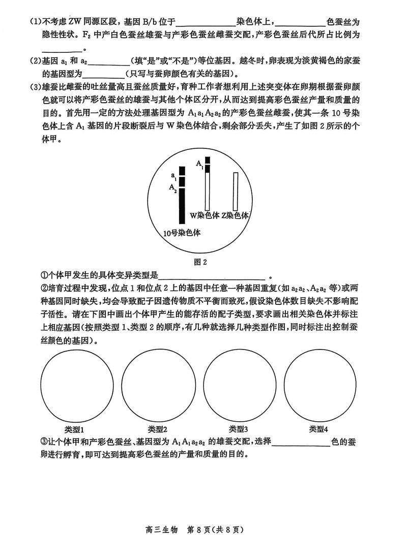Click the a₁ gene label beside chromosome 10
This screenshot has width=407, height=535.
coord(174,175)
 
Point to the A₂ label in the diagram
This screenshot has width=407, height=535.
coord(173,187)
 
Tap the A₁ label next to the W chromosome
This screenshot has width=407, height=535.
coord(199,164)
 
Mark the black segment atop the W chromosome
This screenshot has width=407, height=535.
coord(207,164)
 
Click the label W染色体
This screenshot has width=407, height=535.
coord(205,215)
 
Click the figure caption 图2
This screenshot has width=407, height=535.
coord(202,263)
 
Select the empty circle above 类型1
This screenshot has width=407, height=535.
coord(77,386)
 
